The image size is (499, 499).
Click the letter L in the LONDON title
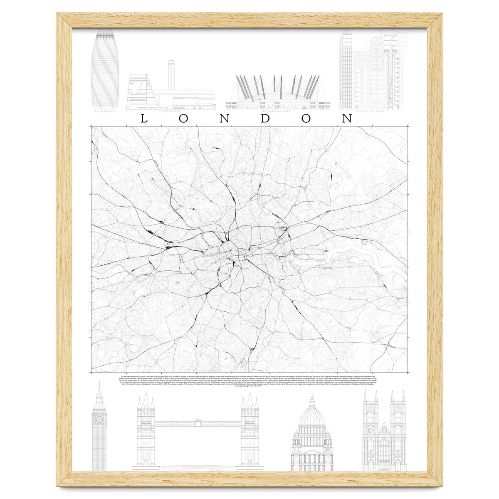143,119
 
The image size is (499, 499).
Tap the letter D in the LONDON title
267,119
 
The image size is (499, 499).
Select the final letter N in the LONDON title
347,119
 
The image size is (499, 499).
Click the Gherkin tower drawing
105,69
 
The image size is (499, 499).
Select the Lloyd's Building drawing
368,71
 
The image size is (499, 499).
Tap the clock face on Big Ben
99,419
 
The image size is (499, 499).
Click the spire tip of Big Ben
99,383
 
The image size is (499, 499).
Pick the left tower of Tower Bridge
146,432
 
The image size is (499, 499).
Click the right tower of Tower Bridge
249,432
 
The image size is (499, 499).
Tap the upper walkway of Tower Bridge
198,424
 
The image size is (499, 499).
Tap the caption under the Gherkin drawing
104,111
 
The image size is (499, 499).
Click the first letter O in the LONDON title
184,119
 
